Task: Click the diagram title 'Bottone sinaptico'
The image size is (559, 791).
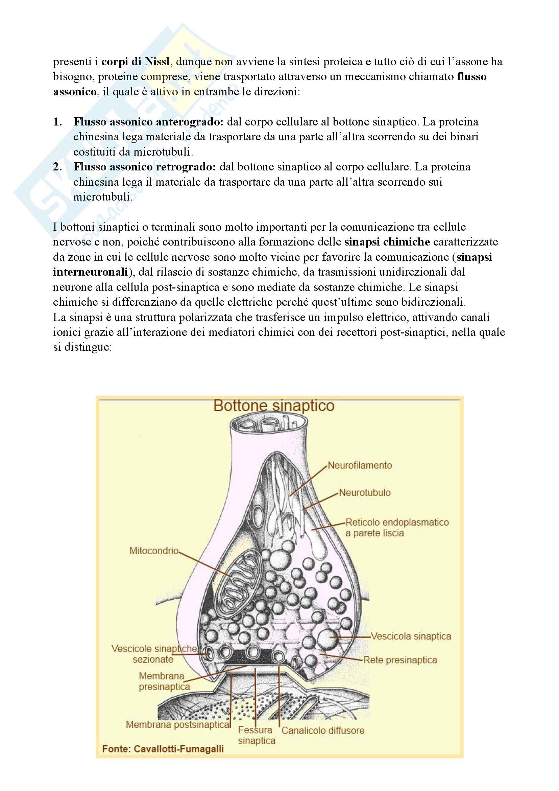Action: tap(274, 406)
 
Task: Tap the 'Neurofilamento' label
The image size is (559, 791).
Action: tap(360, 465)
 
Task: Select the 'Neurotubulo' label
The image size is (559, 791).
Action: tap(365, 493)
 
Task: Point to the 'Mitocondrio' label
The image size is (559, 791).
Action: tap(154, 551)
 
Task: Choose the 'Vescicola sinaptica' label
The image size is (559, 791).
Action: tap(411, 636)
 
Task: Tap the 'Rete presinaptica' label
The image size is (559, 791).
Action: tap(400, 660)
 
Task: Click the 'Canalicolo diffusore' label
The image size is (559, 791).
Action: tap(323, 731)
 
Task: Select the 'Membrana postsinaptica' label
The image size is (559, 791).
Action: tap(178, 725)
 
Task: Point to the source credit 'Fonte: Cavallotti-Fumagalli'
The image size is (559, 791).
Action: tap(163, 749)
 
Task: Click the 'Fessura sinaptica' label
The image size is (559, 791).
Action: tap(256, 736)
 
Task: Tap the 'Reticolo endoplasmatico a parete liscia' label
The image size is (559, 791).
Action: tap(397, 528)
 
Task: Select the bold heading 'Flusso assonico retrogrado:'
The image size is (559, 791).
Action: tap(145, 167)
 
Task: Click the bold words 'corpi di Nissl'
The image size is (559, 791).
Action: tap(135, 62)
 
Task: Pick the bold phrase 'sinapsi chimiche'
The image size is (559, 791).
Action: tap(387, 242)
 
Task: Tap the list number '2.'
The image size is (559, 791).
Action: tap(57, 167)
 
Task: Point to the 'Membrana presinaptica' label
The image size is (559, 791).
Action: tap(164, 681)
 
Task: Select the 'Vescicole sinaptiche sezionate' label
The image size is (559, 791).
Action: tap(154, 654)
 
